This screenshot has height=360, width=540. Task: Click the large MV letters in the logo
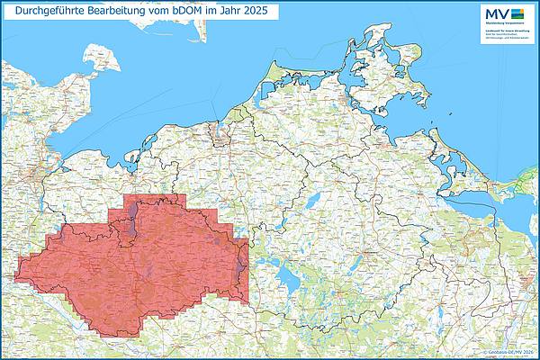[495, 13]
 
